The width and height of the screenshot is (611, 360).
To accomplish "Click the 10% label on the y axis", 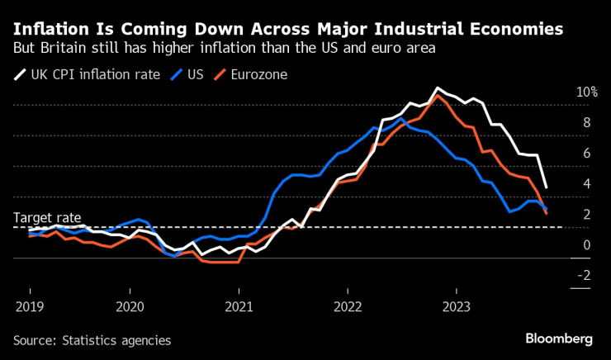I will click(x=586, y=92).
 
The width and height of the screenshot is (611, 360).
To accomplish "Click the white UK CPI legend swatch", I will click(x=20, y=75).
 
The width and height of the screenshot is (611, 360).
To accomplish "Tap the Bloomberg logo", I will click(x=559, y=339).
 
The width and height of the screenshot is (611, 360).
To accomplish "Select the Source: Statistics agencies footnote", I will click(x=92, y=339).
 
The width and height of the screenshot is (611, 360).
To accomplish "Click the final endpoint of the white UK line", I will click(x=546, y=187).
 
